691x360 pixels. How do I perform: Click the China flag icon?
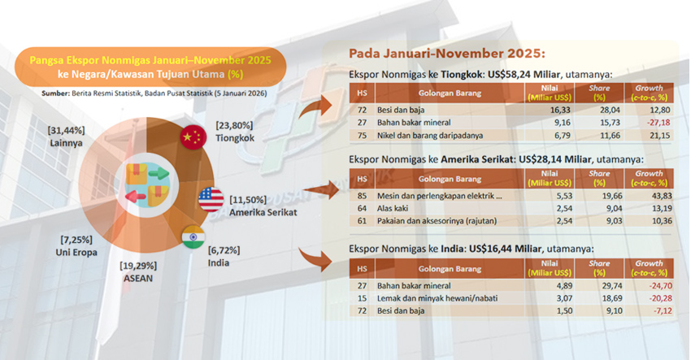point(193,136)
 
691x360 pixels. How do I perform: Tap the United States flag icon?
point(211,198)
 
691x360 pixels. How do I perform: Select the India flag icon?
point(193,237)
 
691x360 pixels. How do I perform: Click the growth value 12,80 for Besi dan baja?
point(649,107)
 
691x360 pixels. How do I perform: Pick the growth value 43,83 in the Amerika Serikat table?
point(649,196)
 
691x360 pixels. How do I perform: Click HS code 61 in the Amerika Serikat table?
point(362,220)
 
